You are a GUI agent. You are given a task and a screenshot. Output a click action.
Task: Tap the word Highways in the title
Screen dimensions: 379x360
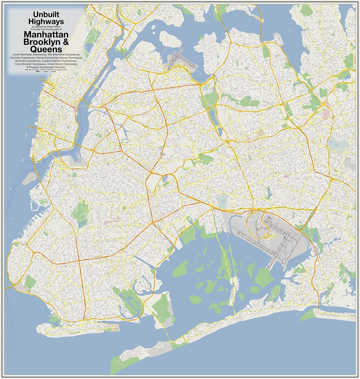(x=46, y=22)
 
